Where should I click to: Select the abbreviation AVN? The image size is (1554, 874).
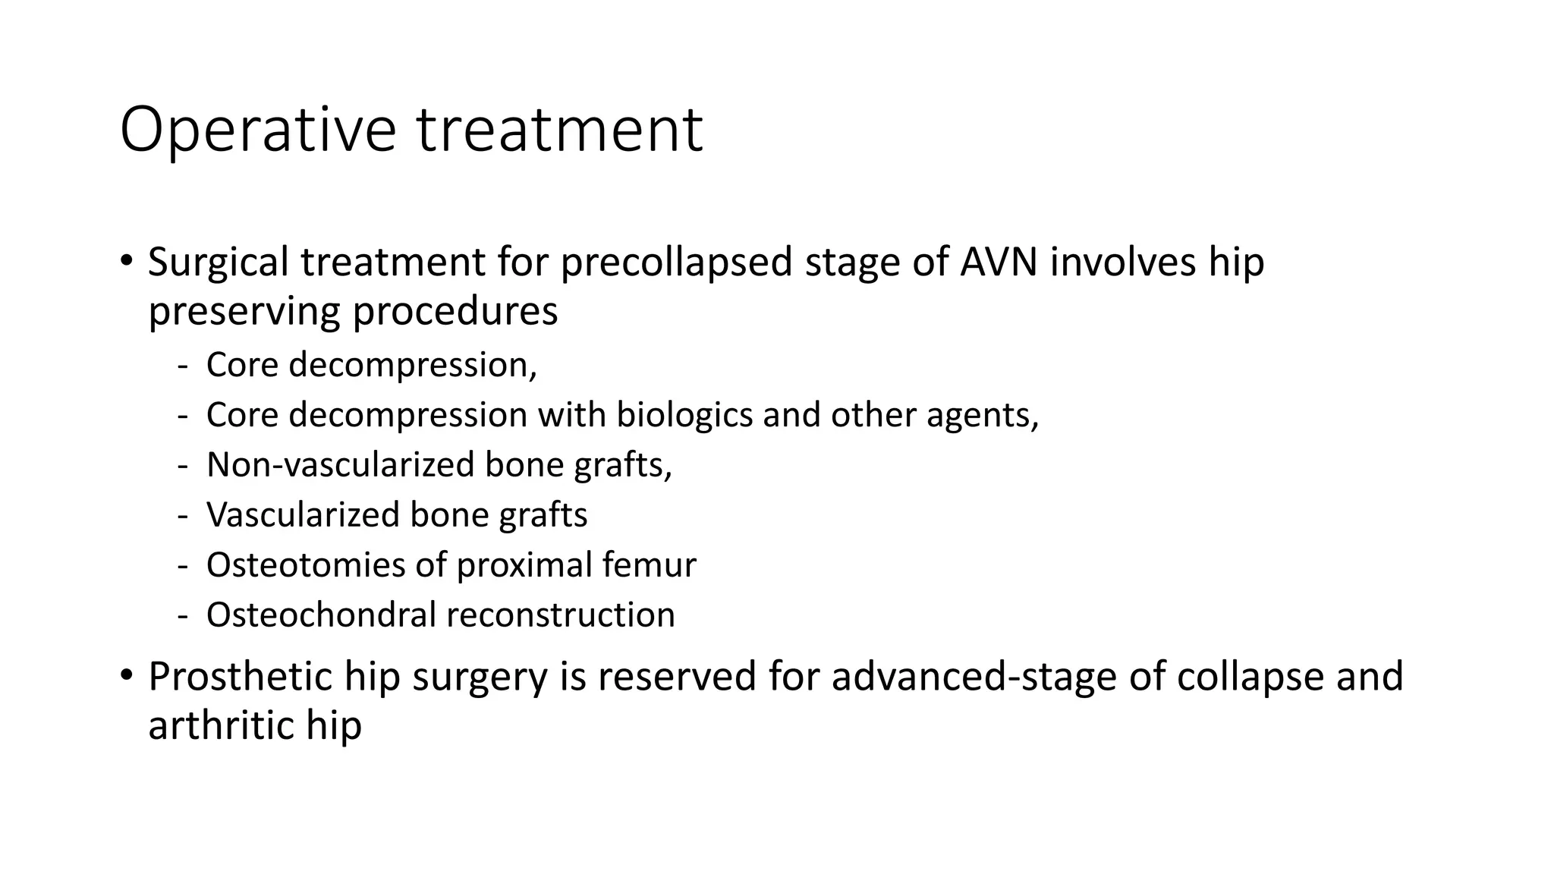pyautogui.click(x=998, y=263)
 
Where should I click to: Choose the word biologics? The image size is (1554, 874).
pyautogui.click(x=684, y=415)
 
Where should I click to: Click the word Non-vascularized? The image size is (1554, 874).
pyautogui.click(x=340, y=464)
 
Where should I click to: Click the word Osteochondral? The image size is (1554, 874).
pyautogui.click(x=320, y=615)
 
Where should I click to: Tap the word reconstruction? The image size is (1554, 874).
pyautogui.click(x=560, y=615)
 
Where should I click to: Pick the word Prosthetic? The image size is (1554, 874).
pyautogui.click(x=240, y=676)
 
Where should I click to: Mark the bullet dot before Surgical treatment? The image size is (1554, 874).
pyautogui.click(x=127, y=260)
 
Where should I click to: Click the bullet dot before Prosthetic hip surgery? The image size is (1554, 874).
pyautogui.click(x=127, y=674)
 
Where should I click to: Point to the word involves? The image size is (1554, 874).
pyautogui.click(x=1114, y=263)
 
